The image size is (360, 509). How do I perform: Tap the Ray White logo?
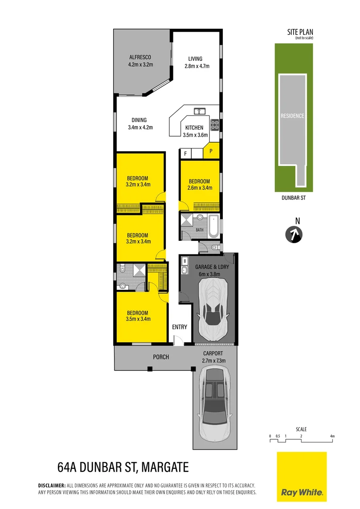click(x=302, y=476)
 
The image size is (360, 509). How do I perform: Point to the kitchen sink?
click(x=199, y=111)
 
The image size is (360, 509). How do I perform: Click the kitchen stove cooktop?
click(x=214, y=125)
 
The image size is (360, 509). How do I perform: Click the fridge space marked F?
click(x=186, y=154)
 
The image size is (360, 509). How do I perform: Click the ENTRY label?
click(x=180, y=327)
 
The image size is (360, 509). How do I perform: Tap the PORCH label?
click(x=161, y=357)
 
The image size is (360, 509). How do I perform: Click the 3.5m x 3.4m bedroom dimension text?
click(x=138, y=319)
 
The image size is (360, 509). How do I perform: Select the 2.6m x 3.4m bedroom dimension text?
click(x=200, y=188)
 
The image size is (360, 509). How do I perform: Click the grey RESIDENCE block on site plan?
click(x=292, y=116)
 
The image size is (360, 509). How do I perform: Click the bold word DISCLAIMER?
click(x=51, y=485)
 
